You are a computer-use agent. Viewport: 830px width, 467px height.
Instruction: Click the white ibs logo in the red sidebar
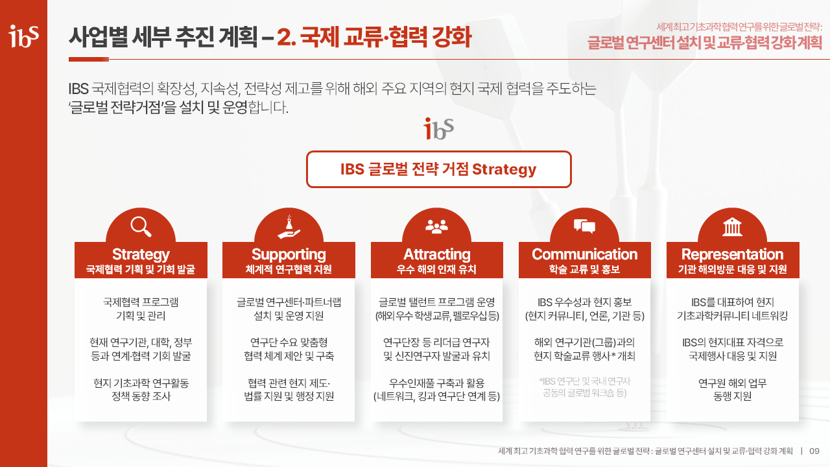24,36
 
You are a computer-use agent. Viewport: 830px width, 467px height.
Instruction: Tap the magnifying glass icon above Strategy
141,226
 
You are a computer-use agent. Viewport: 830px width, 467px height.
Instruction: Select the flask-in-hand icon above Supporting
289,227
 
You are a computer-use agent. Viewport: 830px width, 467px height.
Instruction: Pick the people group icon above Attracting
436,226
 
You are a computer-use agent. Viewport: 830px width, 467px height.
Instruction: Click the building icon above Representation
732,227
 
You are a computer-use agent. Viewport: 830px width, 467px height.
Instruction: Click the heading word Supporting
289,255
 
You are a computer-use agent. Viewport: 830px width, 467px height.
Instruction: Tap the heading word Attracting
437,255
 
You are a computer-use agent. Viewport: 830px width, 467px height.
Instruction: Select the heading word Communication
585,254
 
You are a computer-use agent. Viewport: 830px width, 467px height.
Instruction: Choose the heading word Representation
732,255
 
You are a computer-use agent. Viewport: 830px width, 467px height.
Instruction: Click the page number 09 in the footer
814,451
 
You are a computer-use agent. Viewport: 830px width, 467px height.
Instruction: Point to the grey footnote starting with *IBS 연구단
585,387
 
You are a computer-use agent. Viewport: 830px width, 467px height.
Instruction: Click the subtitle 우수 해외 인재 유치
436,269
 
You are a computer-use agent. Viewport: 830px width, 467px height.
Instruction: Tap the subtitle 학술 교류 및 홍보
584,269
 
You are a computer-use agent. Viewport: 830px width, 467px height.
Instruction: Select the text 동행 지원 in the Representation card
732,396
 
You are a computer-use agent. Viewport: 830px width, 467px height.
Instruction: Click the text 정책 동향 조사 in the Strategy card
141,396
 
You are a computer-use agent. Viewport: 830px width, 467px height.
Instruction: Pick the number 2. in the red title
286,37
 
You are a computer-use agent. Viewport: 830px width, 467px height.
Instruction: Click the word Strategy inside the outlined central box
504,170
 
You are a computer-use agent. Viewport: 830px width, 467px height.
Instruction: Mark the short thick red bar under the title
89,59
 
